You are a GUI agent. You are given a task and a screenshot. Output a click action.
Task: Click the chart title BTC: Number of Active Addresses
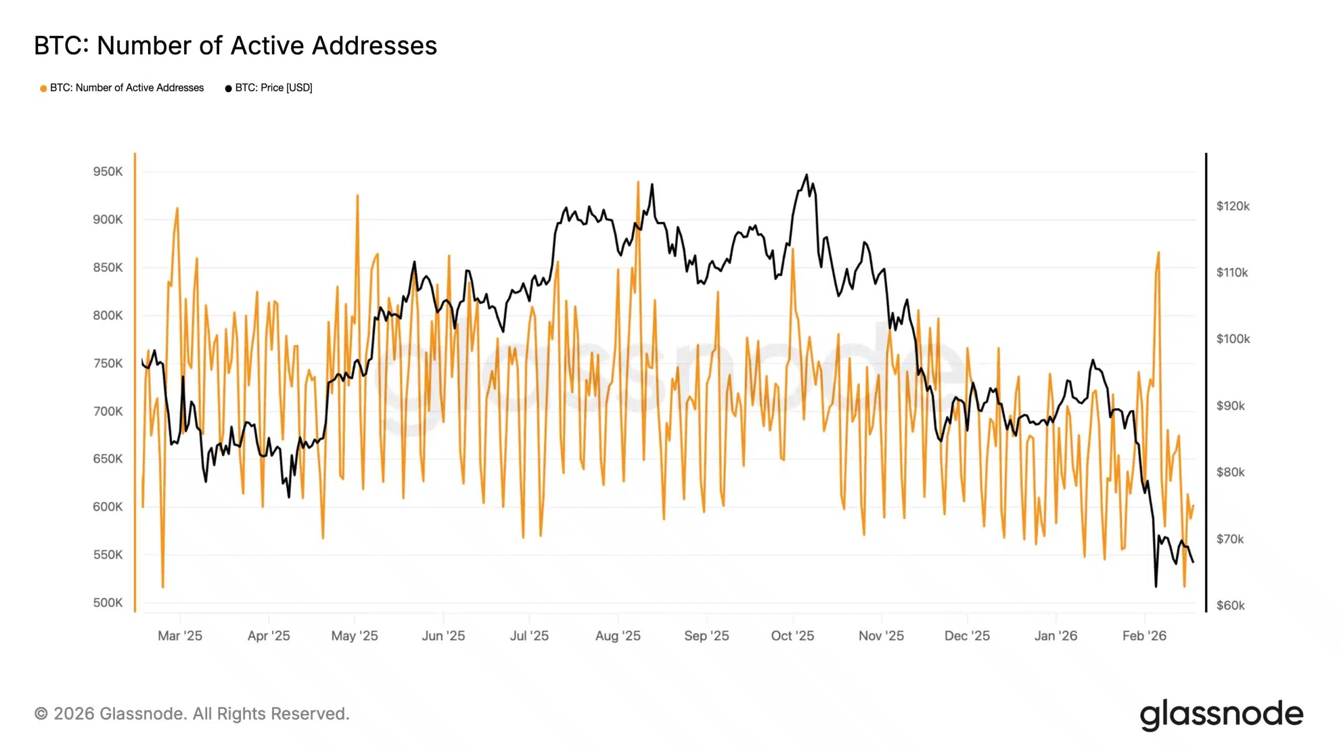pos(235,45)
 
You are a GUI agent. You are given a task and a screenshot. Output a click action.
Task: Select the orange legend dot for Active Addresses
pos(43,88)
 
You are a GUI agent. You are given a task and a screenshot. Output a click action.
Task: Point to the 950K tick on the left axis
pos(108,172)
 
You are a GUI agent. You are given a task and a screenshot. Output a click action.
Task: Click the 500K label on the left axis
pos(108,602)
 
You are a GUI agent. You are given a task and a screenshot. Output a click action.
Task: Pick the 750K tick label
pos(108,363)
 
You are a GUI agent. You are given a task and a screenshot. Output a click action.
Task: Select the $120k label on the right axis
pos(1233,206)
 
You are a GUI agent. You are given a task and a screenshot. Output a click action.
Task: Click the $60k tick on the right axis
pos(1230,606)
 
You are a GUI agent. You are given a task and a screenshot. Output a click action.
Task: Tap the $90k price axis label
pos(1230,406)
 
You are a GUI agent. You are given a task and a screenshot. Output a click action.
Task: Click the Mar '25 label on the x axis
pos(180,636)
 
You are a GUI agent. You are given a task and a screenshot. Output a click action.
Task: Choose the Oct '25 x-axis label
pos(792,636)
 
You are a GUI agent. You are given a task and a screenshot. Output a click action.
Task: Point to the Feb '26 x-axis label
pos(1144,636)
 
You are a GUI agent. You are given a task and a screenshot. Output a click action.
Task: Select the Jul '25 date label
pos(529,636)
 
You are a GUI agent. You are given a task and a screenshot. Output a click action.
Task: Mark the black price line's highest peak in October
pos(807,175)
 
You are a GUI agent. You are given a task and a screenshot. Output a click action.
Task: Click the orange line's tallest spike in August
pos(638,182)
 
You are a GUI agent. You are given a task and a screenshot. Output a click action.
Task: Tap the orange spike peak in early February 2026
pos(1159,253)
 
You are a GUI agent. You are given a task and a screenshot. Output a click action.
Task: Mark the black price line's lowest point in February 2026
pos(1156,586)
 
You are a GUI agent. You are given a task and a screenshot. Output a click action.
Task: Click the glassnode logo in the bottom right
pos(1221,714)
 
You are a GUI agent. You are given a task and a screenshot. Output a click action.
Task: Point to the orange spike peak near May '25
pos(357,195)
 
